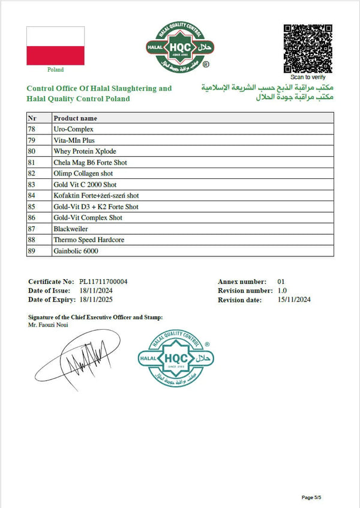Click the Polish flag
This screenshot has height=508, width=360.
[55, 46]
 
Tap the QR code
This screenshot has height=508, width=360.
[308, 48]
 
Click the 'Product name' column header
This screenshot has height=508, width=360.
[75, 118]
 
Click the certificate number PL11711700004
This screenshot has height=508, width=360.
[103, 282]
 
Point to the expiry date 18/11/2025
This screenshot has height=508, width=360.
[96, 299]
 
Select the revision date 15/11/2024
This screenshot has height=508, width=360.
[294, 299]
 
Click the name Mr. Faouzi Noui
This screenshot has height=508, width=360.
[48, 325]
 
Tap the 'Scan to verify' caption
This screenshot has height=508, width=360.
[308, 77]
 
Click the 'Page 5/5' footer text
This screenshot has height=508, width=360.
[316, 497]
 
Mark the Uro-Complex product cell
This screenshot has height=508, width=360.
[73, 129]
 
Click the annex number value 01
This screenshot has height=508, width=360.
[281, 282]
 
